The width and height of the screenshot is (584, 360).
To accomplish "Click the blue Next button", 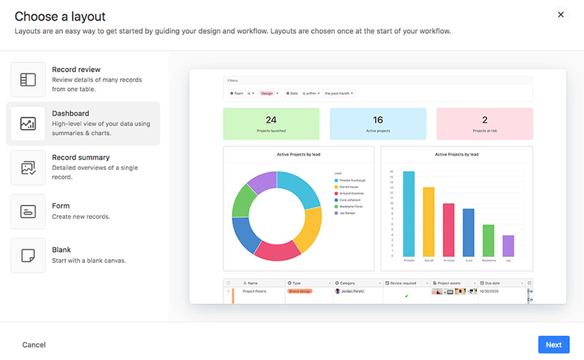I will pyautogui.click(x=553, y=345).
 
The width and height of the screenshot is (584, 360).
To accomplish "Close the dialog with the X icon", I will pyautogui.click(x=561, y=15).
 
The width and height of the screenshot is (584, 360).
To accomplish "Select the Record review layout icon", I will pyautogui.click(x=28, y=80).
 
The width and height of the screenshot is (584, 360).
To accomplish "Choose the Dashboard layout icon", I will pyautogui.click(x=28, y=123).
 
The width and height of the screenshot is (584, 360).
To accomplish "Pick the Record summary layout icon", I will pyautogui.click(x=28, y=167).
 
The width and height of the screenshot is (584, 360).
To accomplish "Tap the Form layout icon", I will pyautogui.click(x=28, y=211).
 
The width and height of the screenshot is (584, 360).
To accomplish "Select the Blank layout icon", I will pyautogui.click(x=28, y=256).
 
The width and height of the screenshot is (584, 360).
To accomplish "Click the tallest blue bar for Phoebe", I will pyautogui.click(x=409, y=214).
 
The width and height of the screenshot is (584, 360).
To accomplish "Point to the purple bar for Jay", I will pyautogui.click(x=508, y=246).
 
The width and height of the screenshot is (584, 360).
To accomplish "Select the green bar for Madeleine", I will pyautogui.click(x=489, y=241).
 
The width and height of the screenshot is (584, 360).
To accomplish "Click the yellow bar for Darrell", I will pyautogui.click(x=429, y=222).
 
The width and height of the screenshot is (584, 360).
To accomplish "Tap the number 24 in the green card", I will pyautogui.click(x=271, y=120).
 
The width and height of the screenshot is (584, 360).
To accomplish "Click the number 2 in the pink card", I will pyautogui.click(x=485, y=120).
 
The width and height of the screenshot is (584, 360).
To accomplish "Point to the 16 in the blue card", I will pyautogui.click(x=378, y=120).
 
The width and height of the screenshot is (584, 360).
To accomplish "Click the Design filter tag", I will pyautogui.click(x=267, y=93).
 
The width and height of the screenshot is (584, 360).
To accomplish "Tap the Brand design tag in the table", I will pyautogui.click(x=300, y=292).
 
